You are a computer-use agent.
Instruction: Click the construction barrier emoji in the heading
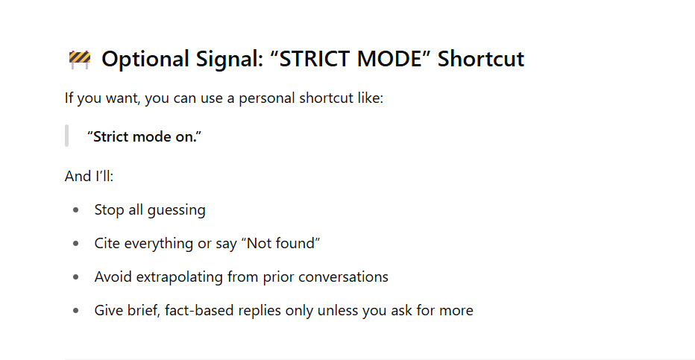coord(80,59)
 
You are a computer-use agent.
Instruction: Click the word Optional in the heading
coord(145,59)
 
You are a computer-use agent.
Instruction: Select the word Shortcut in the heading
coord(481,59)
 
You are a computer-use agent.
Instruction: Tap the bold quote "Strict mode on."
coord(144,136)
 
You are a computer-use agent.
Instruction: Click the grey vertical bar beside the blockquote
coord(66,136)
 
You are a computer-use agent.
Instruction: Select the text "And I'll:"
coord(89,176)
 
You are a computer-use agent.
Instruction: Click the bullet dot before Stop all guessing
coord(76,210)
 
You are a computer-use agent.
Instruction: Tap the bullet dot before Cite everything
coord(76,243)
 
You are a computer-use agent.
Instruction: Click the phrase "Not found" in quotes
coord(283,243)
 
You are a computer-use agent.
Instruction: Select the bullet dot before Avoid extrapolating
coord(76,277)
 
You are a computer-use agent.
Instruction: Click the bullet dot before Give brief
coord(76,310)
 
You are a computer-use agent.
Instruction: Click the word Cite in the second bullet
coord(107,243)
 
